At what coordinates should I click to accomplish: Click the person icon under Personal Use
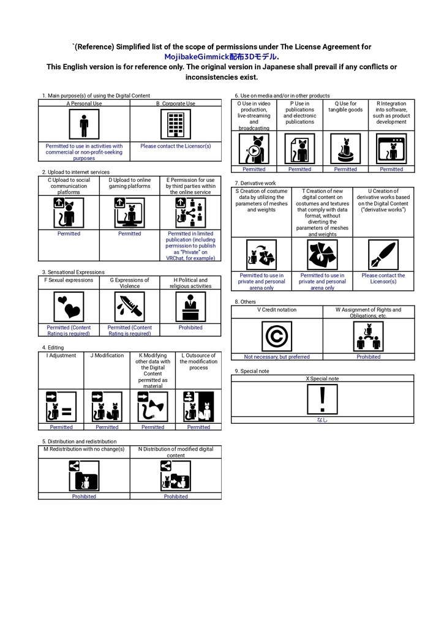tap(84, 124)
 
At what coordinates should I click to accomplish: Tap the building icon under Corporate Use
tap(176, 124)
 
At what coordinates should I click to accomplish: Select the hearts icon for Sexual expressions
tap(69, 307)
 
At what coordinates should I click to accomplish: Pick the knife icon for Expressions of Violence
tap(130, 307)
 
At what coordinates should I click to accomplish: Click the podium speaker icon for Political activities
tap(190, 307)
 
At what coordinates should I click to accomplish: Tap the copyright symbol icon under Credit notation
tap(277, 336)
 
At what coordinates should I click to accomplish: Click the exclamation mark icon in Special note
tap(322, 399)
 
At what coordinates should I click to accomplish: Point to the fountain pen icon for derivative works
tap(383, 255)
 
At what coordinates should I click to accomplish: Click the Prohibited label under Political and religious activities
tap(190, 328)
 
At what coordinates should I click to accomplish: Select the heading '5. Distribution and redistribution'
tap(79, 441)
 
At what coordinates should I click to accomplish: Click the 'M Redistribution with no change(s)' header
tap(84, 449)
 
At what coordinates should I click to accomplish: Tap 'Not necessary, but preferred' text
tap(277, 357)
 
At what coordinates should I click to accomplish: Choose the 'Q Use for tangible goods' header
tap(345, 107)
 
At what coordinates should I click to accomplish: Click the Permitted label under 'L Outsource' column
tap(198, 427)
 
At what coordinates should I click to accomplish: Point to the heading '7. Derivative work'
tap(255, 183)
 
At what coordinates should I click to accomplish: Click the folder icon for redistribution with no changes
tap(84, 476)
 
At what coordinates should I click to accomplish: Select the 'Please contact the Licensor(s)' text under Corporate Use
tap(176, 146)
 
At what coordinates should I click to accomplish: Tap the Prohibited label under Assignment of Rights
tap(369, 357)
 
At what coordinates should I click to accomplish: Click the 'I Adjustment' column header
tap(61, 356)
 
